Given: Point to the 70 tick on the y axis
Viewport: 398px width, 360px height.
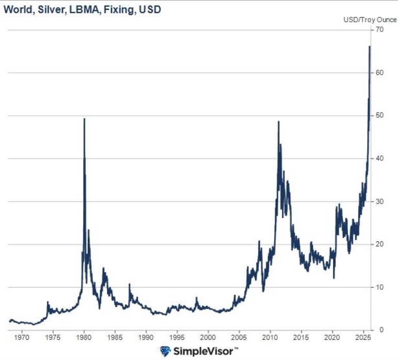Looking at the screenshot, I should (x=379, y=29).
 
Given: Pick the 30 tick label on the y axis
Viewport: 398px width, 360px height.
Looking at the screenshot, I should (x=379, y=201).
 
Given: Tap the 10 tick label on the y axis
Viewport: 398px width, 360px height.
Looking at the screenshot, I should (x=379, y=287).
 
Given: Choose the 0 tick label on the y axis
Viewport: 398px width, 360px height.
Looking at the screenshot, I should (x=381, y=330).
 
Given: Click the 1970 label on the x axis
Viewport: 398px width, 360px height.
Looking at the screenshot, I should (x=22, y=339).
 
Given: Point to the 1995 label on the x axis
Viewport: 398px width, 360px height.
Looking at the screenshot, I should (x=177, y=339).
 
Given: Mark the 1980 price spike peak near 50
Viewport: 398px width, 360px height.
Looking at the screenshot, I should (x=84, y=119).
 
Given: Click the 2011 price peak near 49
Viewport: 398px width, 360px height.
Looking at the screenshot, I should (x=278, y=122).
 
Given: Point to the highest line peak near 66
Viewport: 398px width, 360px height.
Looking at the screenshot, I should (x=370, y=47).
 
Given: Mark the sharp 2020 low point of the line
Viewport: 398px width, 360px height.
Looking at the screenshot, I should (x=333, y=278).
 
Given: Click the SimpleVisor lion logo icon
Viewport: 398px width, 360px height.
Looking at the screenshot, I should (x=165, y=352).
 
